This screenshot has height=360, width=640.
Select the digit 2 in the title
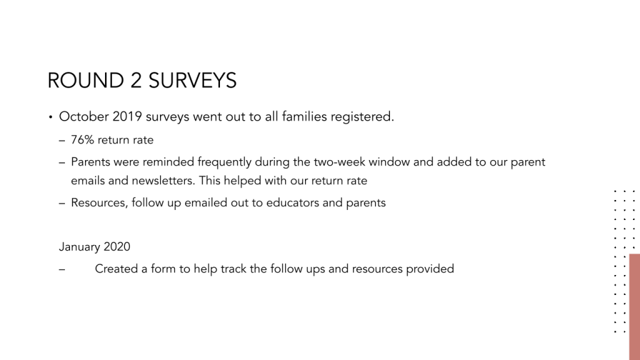[136, 81]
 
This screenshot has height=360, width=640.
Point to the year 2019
[127, 117]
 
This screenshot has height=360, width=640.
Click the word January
[79, 247]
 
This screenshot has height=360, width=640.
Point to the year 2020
[117, 247]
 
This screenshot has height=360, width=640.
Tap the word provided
[430, 269]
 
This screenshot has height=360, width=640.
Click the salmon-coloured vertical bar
[634, 306]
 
